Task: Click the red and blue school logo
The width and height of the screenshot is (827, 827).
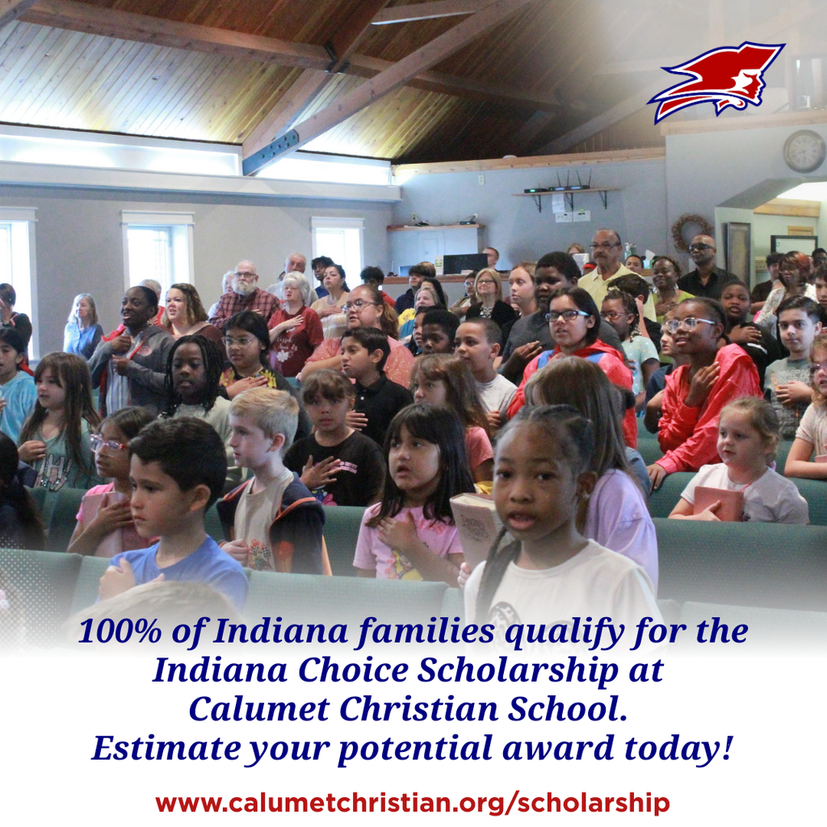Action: [717, 80]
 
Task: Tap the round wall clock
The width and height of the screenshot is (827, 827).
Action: [804, 151]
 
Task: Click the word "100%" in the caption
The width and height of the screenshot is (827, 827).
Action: [120, 631]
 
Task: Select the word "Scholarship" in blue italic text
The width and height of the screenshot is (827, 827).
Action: [518, 671]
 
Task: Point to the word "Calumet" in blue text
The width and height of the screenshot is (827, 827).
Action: [259, 709]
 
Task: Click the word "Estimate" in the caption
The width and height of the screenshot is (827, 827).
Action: [166, 748]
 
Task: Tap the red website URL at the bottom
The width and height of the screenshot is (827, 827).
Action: [413, 803]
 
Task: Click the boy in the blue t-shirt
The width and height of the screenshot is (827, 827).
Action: [174, 517]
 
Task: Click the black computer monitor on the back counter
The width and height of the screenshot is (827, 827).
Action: [465, 263]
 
